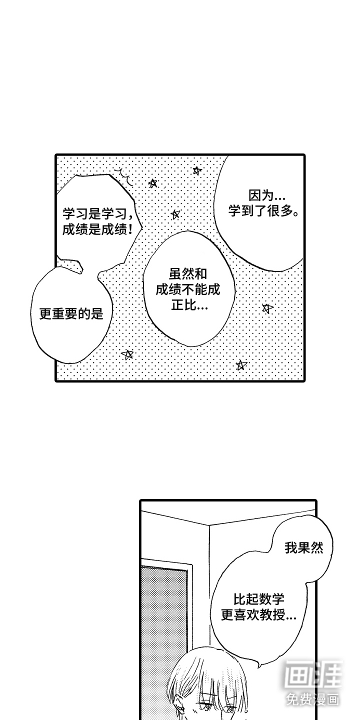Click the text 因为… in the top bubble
point(265,195)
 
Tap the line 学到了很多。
point(263,211)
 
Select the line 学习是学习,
point(97,214)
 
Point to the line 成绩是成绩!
point(97,229)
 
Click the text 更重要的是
point(71,313)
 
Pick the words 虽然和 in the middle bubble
point(188,274)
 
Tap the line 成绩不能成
point(188,289)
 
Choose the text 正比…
point(189,305)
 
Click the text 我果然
point(304,547)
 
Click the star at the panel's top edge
point(197,170)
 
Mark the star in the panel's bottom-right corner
point(241,365)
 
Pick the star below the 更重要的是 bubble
point(128,354)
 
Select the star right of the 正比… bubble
point(267,308)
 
